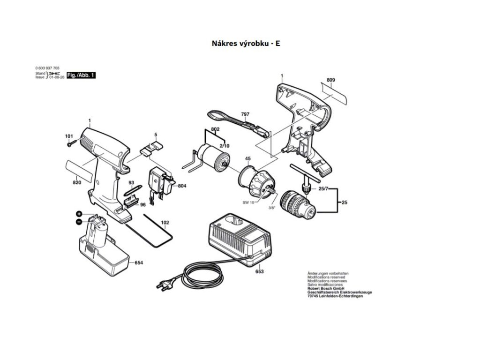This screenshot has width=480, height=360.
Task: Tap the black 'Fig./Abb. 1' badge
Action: [81, 75]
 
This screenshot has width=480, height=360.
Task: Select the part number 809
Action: [331, 81]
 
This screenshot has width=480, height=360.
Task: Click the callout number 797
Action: [245, 114]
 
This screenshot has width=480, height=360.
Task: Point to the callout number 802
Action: [215, 129]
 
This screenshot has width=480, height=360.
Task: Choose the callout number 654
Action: [139, 263]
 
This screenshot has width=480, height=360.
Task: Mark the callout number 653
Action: [259, 272]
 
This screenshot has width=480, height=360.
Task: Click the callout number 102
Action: [165, 223]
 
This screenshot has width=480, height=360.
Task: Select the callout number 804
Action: [182, 186]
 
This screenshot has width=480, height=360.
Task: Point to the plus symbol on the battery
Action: [80, 214]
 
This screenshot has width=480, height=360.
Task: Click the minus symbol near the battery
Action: [79, 221]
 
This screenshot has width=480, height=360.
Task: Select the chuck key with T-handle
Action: [305, 176]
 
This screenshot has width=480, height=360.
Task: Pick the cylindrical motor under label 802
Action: [210, 156]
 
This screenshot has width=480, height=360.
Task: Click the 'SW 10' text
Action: [248, 202]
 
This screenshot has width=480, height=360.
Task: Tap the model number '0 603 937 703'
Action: [47, 68]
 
